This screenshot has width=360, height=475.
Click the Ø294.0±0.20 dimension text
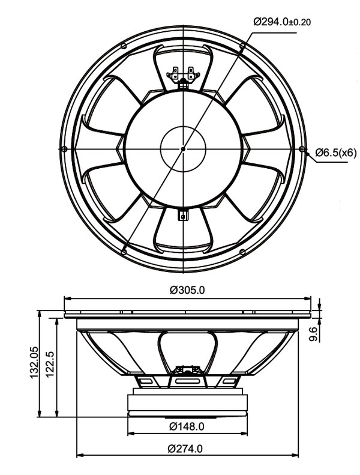pos(281,22)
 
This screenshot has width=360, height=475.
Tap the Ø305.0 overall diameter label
pos(187,289)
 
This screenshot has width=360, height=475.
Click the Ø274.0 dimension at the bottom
pos(186,448)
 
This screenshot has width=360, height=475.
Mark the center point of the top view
pos(183,148)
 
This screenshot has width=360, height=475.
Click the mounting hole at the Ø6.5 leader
pos(302,149)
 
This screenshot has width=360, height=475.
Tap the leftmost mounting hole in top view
pos(64,149)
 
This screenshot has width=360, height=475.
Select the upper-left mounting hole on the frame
pos(124,46)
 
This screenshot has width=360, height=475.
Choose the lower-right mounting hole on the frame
pos(242,252)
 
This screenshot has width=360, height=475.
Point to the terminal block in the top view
pos(183,76)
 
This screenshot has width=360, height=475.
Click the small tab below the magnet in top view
pos(183,215)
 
